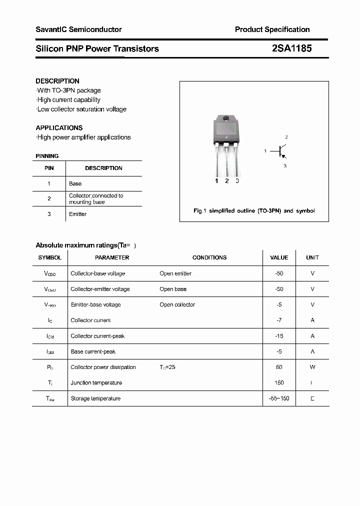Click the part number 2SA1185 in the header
click(x=292, y=48)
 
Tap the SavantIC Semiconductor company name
click(x=78, y=29)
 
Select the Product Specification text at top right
click(x=272, y=29)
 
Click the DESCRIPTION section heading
click(x=57, y=81)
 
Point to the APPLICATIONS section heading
click(x=59, y=128)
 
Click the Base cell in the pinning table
click(x=75, y=184)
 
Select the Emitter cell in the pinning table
click(x=78, y=214)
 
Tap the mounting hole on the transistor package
click(x=226, y=119)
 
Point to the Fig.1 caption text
click(x=254, y=211)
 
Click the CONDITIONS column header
click(x=209, y=257)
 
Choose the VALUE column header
click(x=279, y=257)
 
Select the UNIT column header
click(x=312, y=257)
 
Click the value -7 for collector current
click(x=279, y=320)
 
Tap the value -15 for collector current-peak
click(x=279, y=336)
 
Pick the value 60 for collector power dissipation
click(x=279, y=367)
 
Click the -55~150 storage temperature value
click(x=279, y=398)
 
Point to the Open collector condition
click(x=177, y=304)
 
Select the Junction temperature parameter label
click(x=96, y=383)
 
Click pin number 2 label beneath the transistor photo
click(x=227, y=181)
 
